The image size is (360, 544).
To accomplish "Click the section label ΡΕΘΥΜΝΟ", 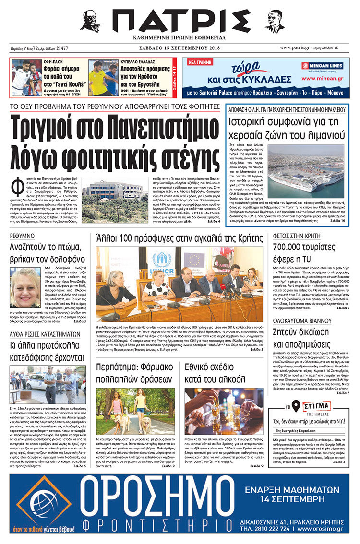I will point(22,236).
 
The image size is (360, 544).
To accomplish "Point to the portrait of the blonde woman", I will point(25,288).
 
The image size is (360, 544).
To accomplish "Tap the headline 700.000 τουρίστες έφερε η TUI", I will point(301,253).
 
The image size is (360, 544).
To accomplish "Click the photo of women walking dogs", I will point(135,411).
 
